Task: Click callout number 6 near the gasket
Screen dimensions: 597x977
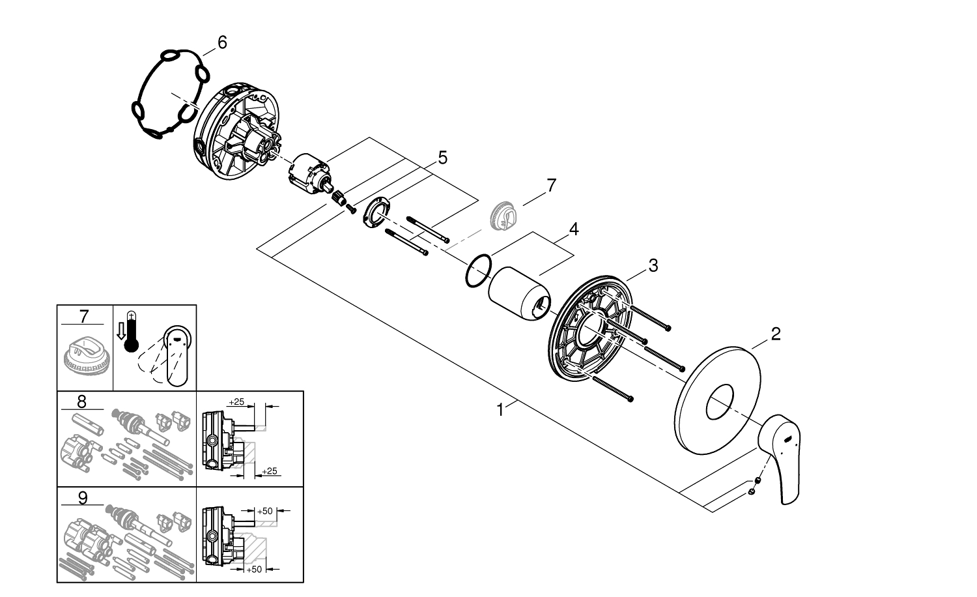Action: pyautogui.click(x=222, y=43)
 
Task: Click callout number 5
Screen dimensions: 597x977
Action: pyautogui.click(x=442, y=158)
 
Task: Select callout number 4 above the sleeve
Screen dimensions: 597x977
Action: pyautogui.click(x=573, y=229)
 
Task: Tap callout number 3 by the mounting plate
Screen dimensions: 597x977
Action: pyautogui.click(x=653, y=265)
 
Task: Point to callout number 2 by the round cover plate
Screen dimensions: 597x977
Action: pyautogui.click(x=775, y=334)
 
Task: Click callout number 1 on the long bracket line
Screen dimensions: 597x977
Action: pyautogui.click(x=500, y=410)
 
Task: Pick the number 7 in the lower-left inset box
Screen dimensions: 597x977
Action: pyautogui.click(x=83, y=317)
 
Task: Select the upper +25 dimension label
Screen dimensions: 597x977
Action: pyautogui.click(x=237, y=401)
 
